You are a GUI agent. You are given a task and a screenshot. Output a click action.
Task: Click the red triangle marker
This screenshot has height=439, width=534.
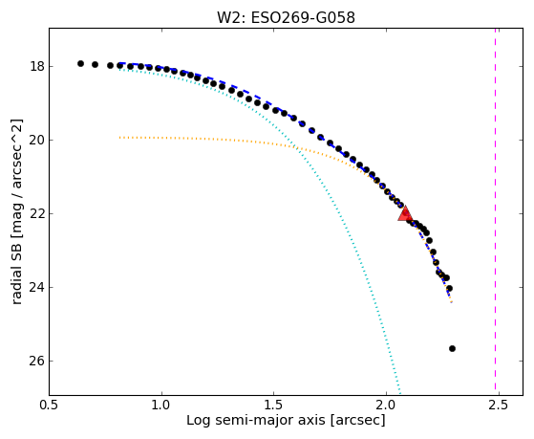(x=405, y=214)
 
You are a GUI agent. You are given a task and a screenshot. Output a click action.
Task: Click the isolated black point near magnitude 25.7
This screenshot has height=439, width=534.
(x=452, y=348)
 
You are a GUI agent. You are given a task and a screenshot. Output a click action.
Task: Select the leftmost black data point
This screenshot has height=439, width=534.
(x=80, y=63)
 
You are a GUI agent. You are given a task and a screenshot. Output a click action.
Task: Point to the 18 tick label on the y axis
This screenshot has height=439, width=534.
(x=37, y=66)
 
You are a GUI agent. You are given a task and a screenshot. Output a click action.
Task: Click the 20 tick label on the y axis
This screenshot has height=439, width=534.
(x=37, y=140)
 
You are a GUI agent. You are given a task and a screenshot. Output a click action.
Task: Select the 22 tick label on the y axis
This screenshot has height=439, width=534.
(x=37, y=213)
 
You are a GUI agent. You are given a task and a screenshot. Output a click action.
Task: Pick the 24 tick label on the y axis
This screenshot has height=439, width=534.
(x=37, y=287)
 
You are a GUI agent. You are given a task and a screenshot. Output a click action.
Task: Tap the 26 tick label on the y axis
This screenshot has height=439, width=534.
(x=37, y=361)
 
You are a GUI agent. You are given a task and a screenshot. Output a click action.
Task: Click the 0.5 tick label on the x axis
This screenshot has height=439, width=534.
(x=49, y=406)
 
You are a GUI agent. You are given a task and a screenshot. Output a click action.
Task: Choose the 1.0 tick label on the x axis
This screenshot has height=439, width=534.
(x=161, y=406)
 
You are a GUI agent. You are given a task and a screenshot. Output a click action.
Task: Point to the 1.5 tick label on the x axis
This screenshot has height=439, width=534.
(x=274, y=406)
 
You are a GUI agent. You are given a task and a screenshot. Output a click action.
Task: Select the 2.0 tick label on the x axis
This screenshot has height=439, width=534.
(x=386, y=406)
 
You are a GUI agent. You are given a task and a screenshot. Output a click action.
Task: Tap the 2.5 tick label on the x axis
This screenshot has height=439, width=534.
(x=499, y=406)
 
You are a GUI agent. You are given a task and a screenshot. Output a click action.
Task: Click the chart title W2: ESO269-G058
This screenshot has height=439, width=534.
(x=286, y=17)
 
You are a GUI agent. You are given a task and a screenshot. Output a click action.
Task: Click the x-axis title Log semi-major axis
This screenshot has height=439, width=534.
(x=255, y=420)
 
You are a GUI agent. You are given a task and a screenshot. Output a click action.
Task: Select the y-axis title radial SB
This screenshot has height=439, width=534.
(x=16, y=270)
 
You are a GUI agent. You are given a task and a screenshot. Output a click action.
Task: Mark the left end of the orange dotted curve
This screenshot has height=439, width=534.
(x=119, y=138)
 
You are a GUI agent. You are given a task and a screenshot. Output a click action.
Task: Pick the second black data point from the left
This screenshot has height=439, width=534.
(x=95, y=64)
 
